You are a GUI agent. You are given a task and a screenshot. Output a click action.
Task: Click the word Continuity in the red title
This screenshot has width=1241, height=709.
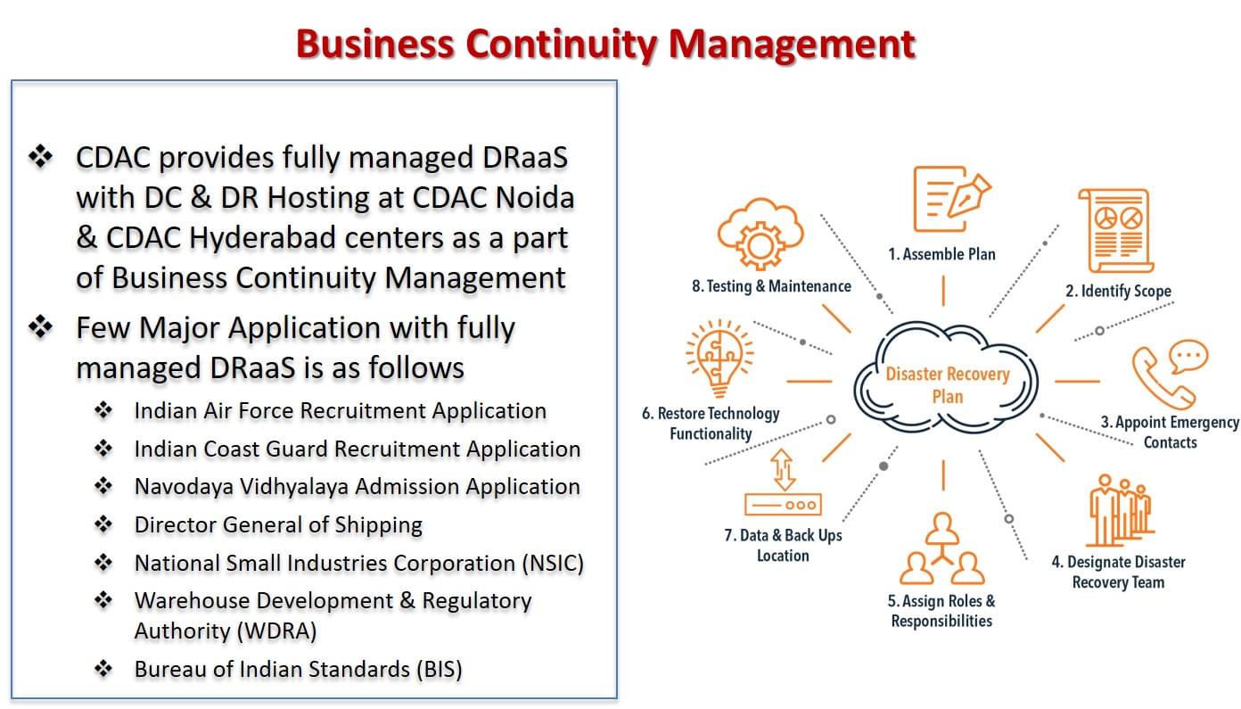[x=562, y=45]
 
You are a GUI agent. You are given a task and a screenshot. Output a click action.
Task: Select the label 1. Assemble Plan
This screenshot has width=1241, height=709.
[x=941, y=254]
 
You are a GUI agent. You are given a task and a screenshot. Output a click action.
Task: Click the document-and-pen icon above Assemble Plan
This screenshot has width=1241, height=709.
[x=951, y=199]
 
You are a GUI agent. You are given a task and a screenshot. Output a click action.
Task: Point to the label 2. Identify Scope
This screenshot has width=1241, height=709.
[x=1118, y=291]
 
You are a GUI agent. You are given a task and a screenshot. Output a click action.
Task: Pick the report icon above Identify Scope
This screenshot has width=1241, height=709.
[x=1115, y=230]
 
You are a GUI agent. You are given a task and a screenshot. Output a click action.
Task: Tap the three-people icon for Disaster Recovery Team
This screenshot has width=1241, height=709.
[x=1121, y=510]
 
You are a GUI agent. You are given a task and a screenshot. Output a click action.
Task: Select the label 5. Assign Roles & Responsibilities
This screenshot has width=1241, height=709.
[x=941, y=611]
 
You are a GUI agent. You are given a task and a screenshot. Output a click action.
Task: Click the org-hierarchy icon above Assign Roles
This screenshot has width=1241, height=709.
[x=941, y=548]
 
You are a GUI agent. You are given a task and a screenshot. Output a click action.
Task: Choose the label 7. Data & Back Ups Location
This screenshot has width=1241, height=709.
[x=783, y=546]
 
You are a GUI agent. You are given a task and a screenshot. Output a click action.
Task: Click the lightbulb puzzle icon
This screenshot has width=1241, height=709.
[x=719, y=359]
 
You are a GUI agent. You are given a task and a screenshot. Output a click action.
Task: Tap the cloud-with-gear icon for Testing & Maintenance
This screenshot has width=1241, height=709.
[x=760, y=233]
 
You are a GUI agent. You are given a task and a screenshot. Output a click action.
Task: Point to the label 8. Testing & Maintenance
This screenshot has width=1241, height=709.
[x=771, y=286]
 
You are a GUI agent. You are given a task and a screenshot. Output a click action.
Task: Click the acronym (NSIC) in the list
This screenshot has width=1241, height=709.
[x=553, y=564]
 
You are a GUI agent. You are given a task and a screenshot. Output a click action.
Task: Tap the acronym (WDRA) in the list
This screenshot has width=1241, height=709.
[x=280, y=631]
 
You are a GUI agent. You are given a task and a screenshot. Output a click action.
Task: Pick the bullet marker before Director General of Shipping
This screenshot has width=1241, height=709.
[x=103, y=524]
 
